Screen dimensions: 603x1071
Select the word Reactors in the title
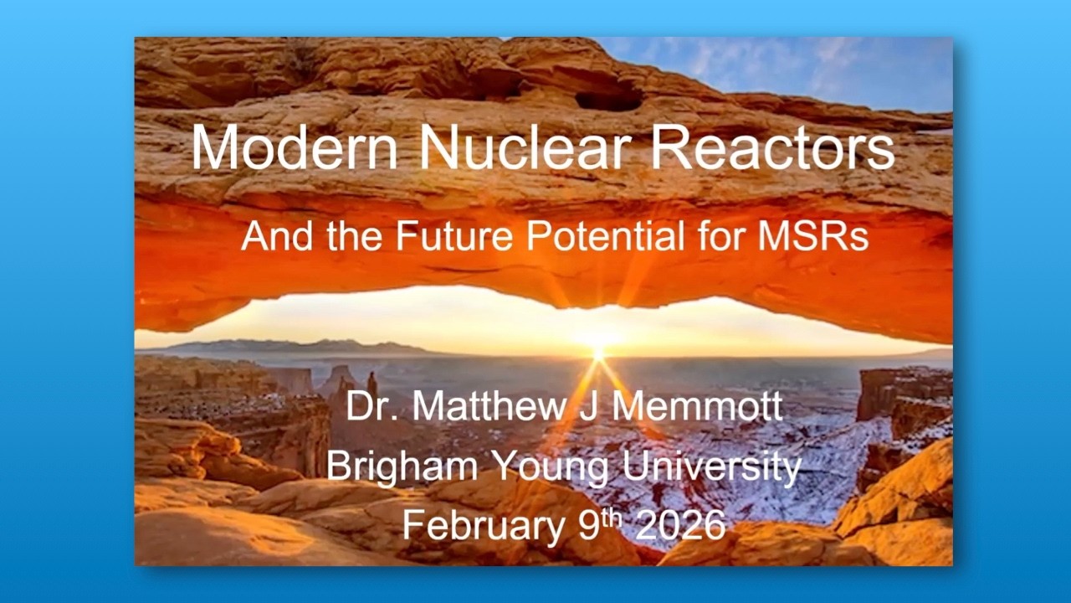(x=772, y=147)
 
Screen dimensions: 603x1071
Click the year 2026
(x=679, y=524)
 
